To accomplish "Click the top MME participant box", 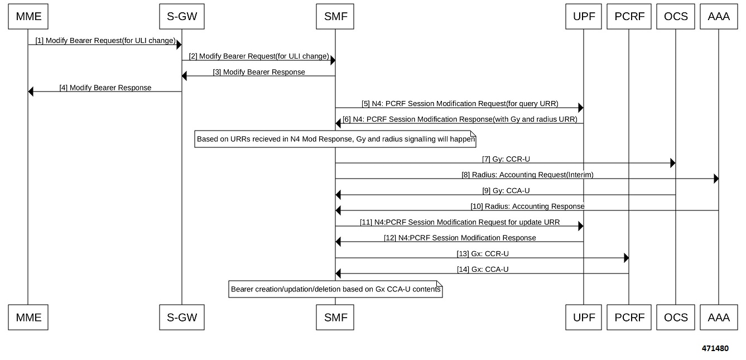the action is pos(28,16).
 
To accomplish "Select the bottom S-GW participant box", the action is pos(182,318).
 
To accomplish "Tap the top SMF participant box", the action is pos(335,16).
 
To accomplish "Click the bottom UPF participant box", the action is pos(584,318).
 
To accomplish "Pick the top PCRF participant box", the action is pos(629,16).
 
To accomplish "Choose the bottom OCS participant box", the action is pos(676,318).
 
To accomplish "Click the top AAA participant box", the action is pos(719,16).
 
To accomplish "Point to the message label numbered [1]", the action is pos(105,41).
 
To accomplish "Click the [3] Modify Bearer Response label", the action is pos(259,72).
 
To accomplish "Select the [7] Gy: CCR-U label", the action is pos(506,159).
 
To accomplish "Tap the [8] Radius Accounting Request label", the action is pos(527,175).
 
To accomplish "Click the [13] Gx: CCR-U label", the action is pos(483,254).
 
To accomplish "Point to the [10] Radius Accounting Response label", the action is pos(527,207).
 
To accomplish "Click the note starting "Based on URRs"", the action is pos(335,139).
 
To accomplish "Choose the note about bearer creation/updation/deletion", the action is pos(335,289).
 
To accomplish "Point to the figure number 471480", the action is pos(715,348).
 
